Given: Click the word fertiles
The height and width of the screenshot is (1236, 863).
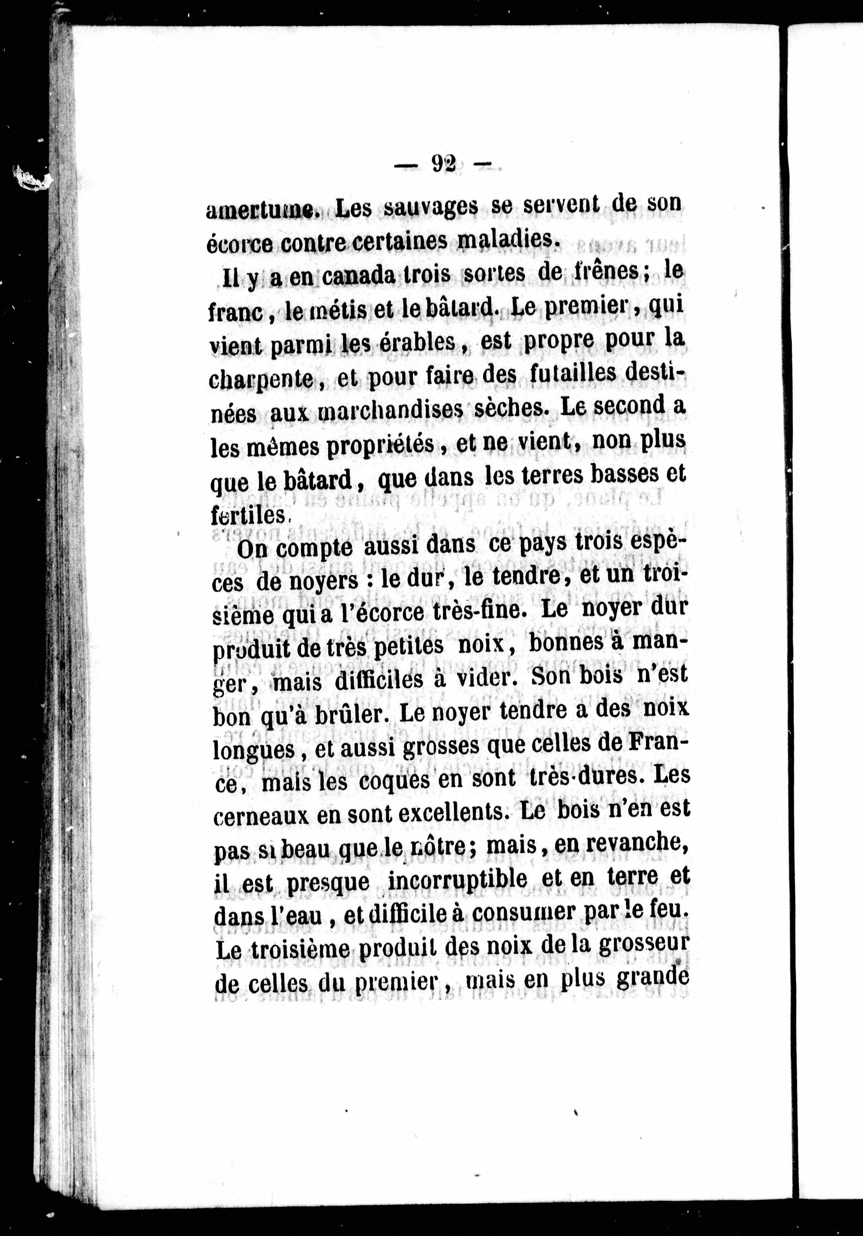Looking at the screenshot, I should click(x=248, y=515).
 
